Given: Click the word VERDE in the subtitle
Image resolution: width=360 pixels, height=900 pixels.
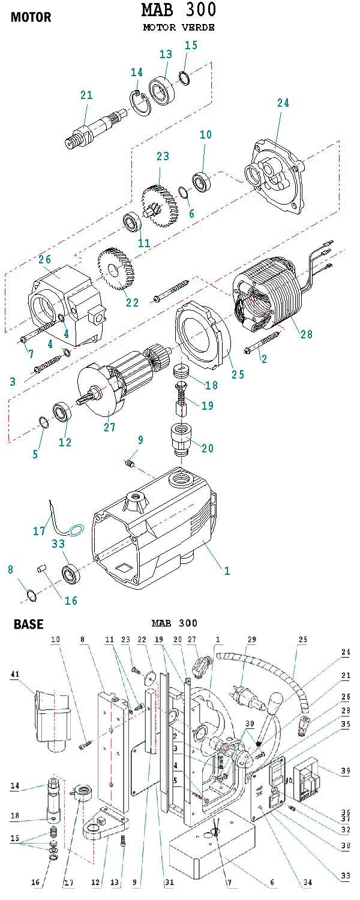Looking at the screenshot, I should coord(199,28).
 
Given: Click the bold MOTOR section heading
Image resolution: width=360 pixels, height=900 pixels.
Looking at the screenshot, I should coord(31,17).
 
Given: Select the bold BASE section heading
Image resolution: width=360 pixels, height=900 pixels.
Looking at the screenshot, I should coord(28,624).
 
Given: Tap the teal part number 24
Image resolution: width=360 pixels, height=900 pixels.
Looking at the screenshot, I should coord(283,103).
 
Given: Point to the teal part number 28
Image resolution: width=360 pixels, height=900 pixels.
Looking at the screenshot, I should coord(306,334).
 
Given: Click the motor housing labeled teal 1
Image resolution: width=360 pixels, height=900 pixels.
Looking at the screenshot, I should coord(156,534).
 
